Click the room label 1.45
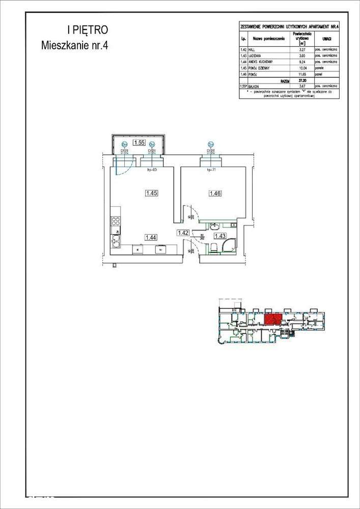[x=151, y=193]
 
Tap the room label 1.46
[x=214, y=193]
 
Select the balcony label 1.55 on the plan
[x=139, y=143]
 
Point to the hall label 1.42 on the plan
[x=183, y=233]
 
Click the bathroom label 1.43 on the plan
[x=220, y=236]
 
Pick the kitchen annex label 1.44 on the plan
[x=151, y=237]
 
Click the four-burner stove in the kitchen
[x=116, y=221]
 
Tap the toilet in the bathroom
[x=214, y=248]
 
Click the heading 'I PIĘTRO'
[x=87, y=31]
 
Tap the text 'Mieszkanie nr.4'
[x=75, y=45]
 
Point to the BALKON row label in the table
[x=255, y=87]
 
